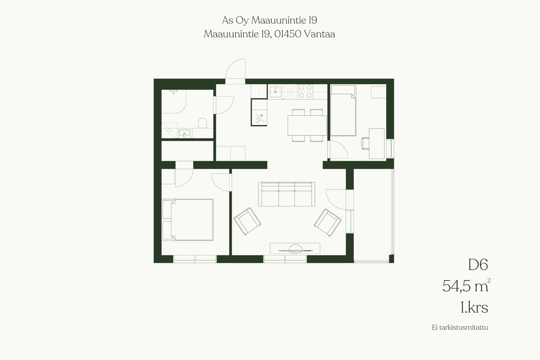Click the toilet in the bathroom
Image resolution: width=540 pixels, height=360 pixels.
[202, 123]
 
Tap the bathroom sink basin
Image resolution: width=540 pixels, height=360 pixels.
[184, 133]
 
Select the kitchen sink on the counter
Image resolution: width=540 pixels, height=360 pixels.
[275, 91]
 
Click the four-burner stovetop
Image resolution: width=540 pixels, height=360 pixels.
[305, 91]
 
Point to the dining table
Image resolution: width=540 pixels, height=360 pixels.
[307, 125]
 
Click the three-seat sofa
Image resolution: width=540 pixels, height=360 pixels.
[287, 194]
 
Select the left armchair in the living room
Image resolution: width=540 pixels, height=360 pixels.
[247, 221]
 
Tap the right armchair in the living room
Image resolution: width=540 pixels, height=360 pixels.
[328, 222]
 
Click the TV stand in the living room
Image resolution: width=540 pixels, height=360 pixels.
[295, 248]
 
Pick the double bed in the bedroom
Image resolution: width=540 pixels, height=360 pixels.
[187, 220]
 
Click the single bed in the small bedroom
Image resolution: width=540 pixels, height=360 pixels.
[343, 111]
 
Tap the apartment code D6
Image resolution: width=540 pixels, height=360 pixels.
[478, 265]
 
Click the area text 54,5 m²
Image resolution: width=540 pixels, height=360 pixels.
[466, 286]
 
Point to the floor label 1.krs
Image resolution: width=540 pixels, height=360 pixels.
[474, 308]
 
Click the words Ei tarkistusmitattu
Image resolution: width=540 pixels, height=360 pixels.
[460, 335]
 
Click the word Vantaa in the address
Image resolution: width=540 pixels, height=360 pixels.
[319, 34]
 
